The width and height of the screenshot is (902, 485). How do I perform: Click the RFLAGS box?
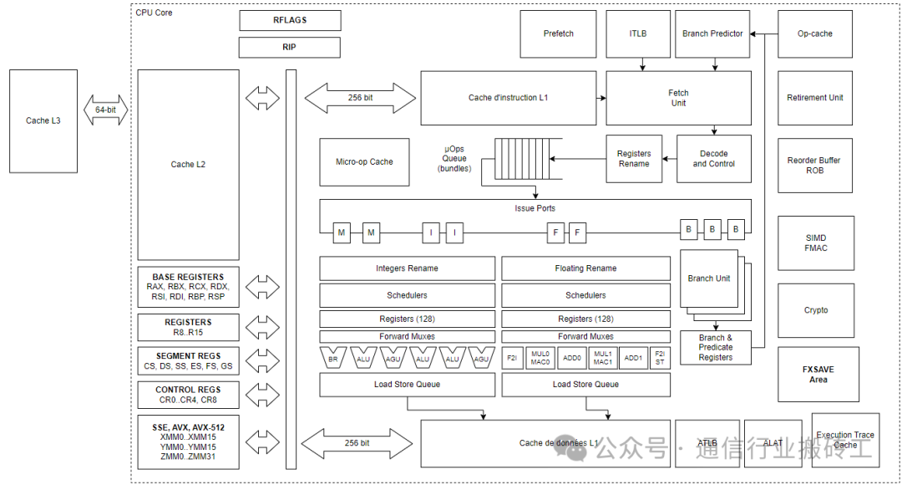pyautogui.click(x=290, y=20)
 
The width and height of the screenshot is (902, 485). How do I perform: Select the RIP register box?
pyautogui.click(x=290, y=48)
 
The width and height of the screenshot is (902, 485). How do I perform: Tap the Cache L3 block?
pyautogui.click(x=43, y=121)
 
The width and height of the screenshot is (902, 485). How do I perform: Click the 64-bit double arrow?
pyautogui.click(x=105, y=110)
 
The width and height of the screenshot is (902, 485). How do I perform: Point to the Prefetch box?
pyautogui.click(x=558, y=34)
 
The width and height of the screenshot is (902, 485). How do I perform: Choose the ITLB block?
pyautogui.click(x=638, y=34)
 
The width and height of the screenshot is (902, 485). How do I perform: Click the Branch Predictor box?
pyautogui.click(x=712, y=34)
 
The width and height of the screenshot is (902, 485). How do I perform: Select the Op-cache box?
pyautogui.click(x=815, y=34)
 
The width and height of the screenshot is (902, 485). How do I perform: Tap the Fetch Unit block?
pyautogui.click(x=678, y=98)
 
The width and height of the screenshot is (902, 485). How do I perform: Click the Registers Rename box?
pyautogui.click(x=634, y=159)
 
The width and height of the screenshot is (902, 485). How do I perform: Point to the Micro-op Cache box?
pyautogui.click(x=364, y=162)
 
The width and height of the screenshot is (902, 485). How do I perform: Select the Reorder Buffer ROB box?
pyautogui.click(x=815, y=165)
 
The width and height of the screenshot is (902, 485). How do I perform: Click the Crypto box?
pyautogui.click(x=815, y=310)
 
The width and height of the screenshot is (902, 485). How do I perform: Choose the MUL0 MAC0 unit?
pyautogui.click(x=540, y=357)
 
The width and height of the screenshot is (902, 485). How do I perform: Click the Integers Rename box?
pyautogui.click(x=407, y=268)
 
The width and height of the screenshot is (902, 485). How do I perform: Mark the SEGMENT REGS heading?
pyautogui.click(x=188, y=356)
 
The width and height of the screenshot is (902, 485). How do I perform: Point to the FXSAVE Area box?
pyautogui.click(x=818, y=374)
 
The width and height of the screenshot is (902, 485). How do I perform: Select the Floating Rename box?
pyautogui.click(x=585, y=268)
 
